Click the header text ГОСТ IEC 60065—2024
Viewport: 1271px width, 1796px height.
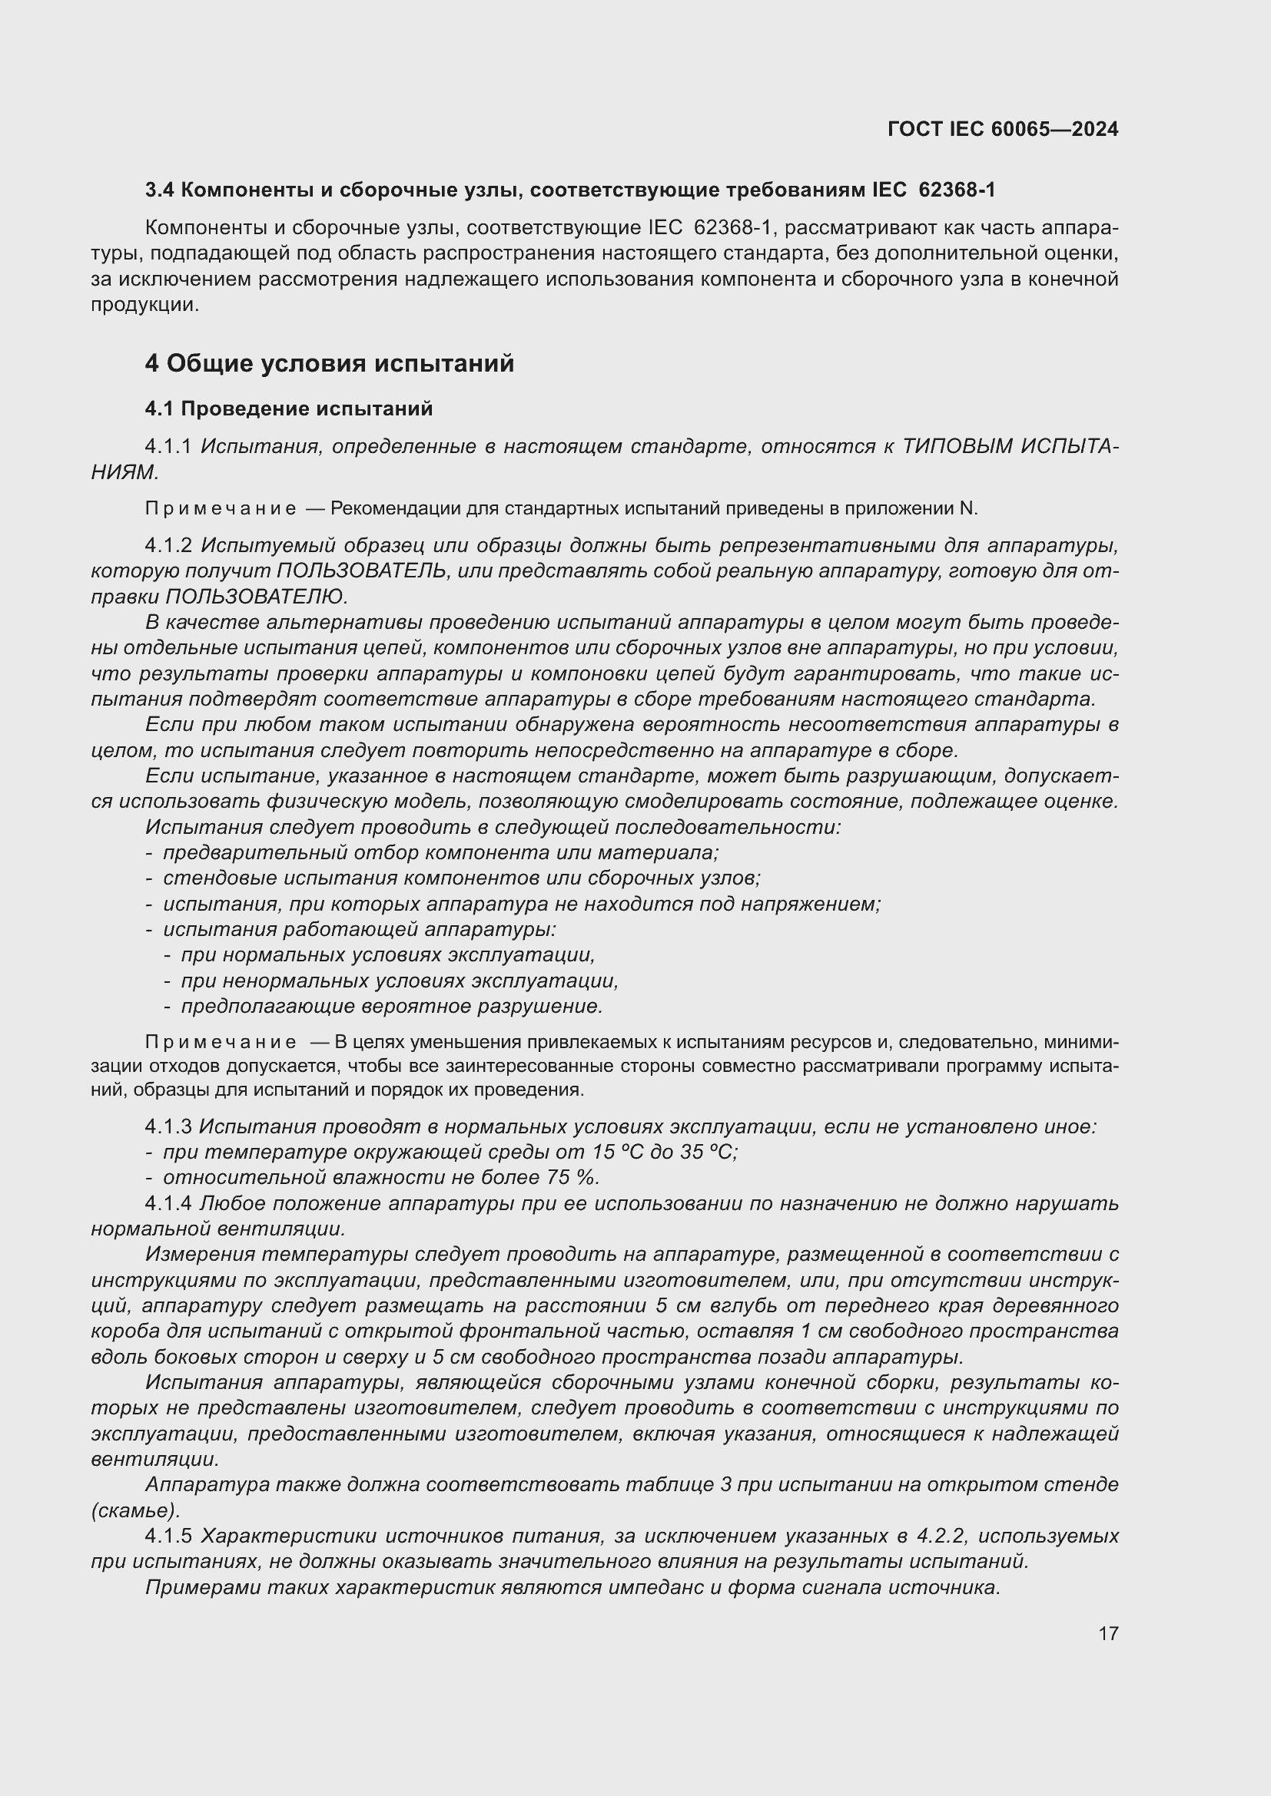coord(1003,130)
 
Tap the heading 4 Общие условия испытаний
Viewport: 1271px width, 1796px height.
coord(329,364)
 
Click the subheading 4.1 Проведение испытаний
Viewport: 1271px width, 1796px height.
coord(288,408)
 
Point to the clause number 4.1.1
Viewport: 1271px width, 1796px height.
coord(168,447)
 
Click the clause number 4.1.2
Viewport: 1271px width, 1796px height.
coord(168,545)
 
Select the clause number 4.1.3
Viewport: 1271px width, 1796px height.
coord(168,1127)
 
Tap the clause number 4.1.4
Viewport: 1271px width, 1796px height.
coord(168,1204)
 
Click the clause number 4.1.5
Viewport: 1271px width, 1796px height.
coord(168,1536)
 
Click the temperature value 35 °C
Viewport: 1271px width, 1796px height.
coord(710,1153)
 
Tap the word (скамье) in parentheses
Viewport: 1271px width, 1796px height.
coord(135,1510)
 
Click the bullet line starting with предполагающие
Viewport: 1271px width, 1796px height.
coord(391,1007)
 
